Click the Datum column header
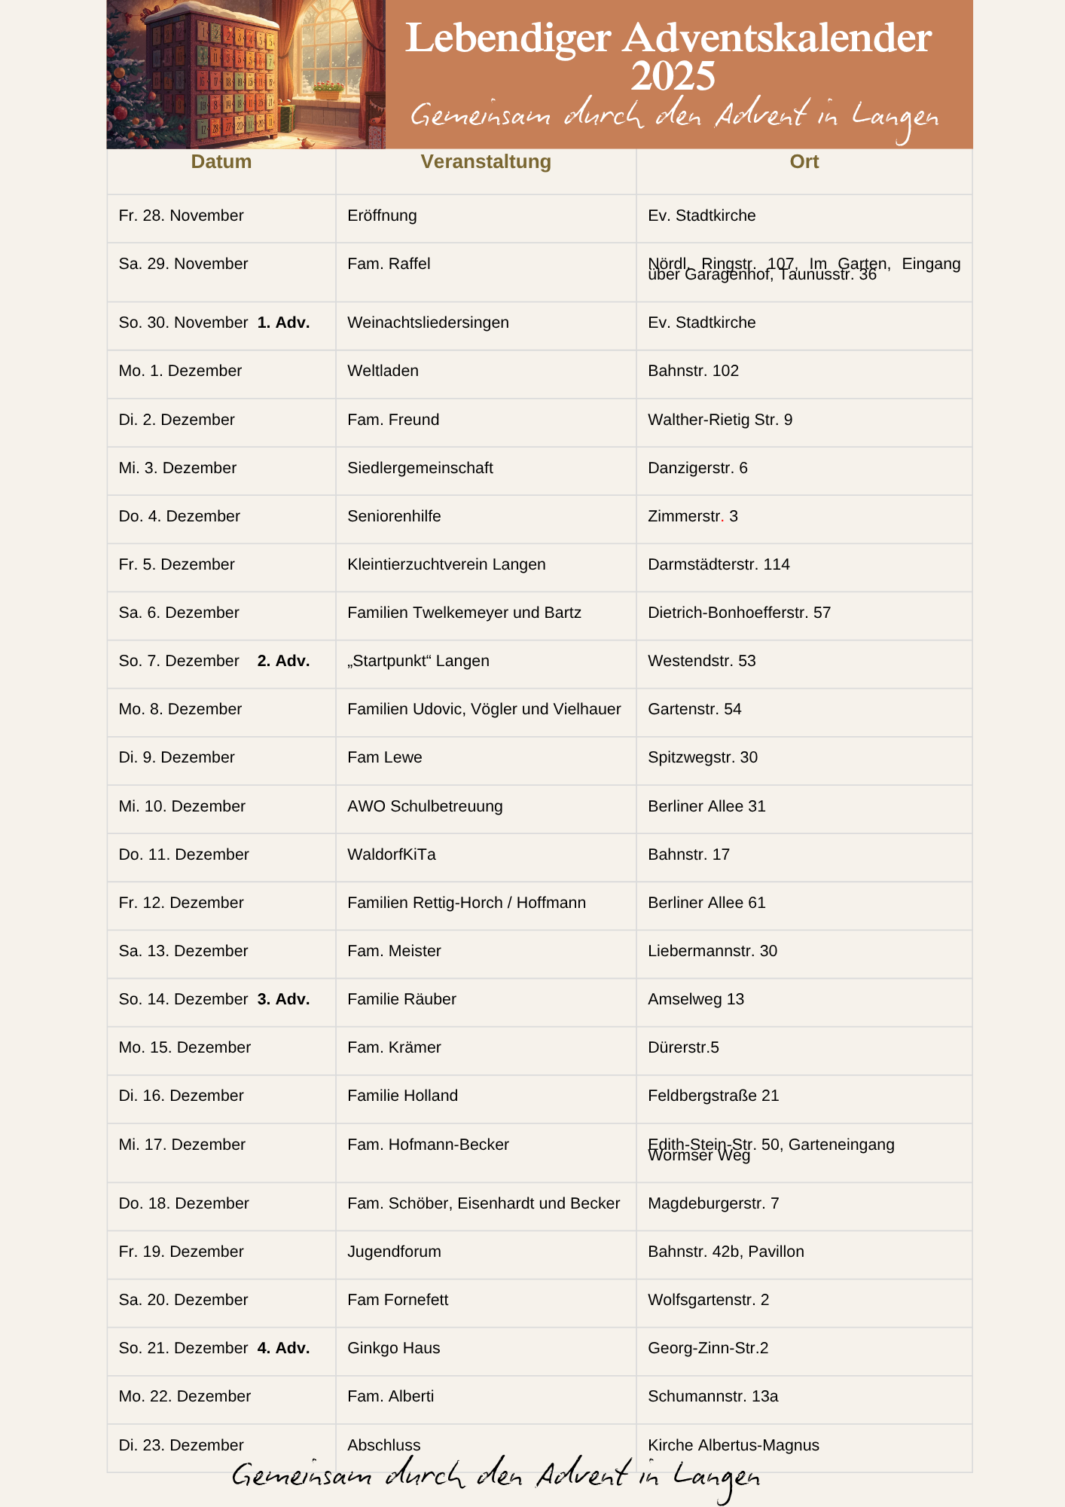(x=221, y=162)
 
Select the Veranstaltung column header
(x=486, y=162)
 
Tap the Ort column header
(x=804, y=162)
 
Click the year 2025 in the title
(x=673, y=77)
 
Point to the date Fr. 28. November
(x=181, y=216)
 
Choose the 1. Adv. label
(x=283, y=323)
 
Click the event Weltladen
(x=383, y=371)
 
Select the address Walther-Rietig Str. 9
(x=719, y=420)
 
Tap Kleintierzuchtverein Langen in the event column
(x=446, y=565)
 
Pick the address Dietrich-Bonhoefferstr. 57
(x=739, y=613)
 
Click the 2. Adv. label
(x=283, y=662)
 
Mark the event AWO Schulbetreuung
(x=425, y=807)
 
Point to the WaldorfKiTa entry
(x=391, y=855)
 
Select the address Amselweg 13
(x=695, y=1000)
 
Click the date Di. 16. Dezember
(x=181, y=1096)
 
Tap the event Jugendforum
(x=394, y=1252)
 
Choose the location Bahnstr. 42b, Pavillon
(x=725, y=1252)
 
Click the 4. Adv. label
(x=283, y=1349)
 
